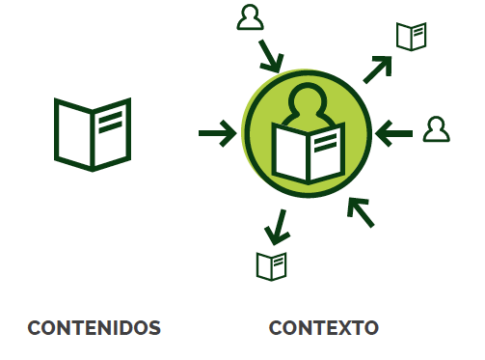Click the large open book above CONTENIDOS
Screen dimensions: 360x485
[x=93, y=133]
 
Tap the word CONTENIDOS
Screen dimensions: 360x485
[x=94, y=328]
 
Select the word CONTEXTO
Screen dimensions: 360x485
[x=323, y=328]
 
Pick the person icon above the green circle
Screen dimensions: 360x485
[x=250, y=18]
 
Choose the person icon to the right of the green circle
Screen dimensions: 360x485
[x=437, y=129]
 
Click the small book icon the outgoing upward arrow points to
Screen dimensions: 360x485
[x=411, y=37]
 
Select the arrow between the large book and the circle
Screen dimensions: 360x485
[x=217, y=133]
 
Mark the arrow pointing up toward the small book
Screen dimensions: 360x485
[x=377, y=69]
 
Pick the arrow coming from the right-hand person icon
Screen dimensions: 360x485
[x=393, y=133]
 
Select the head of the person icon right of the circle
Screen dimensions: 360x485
[x=437, y=124]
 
